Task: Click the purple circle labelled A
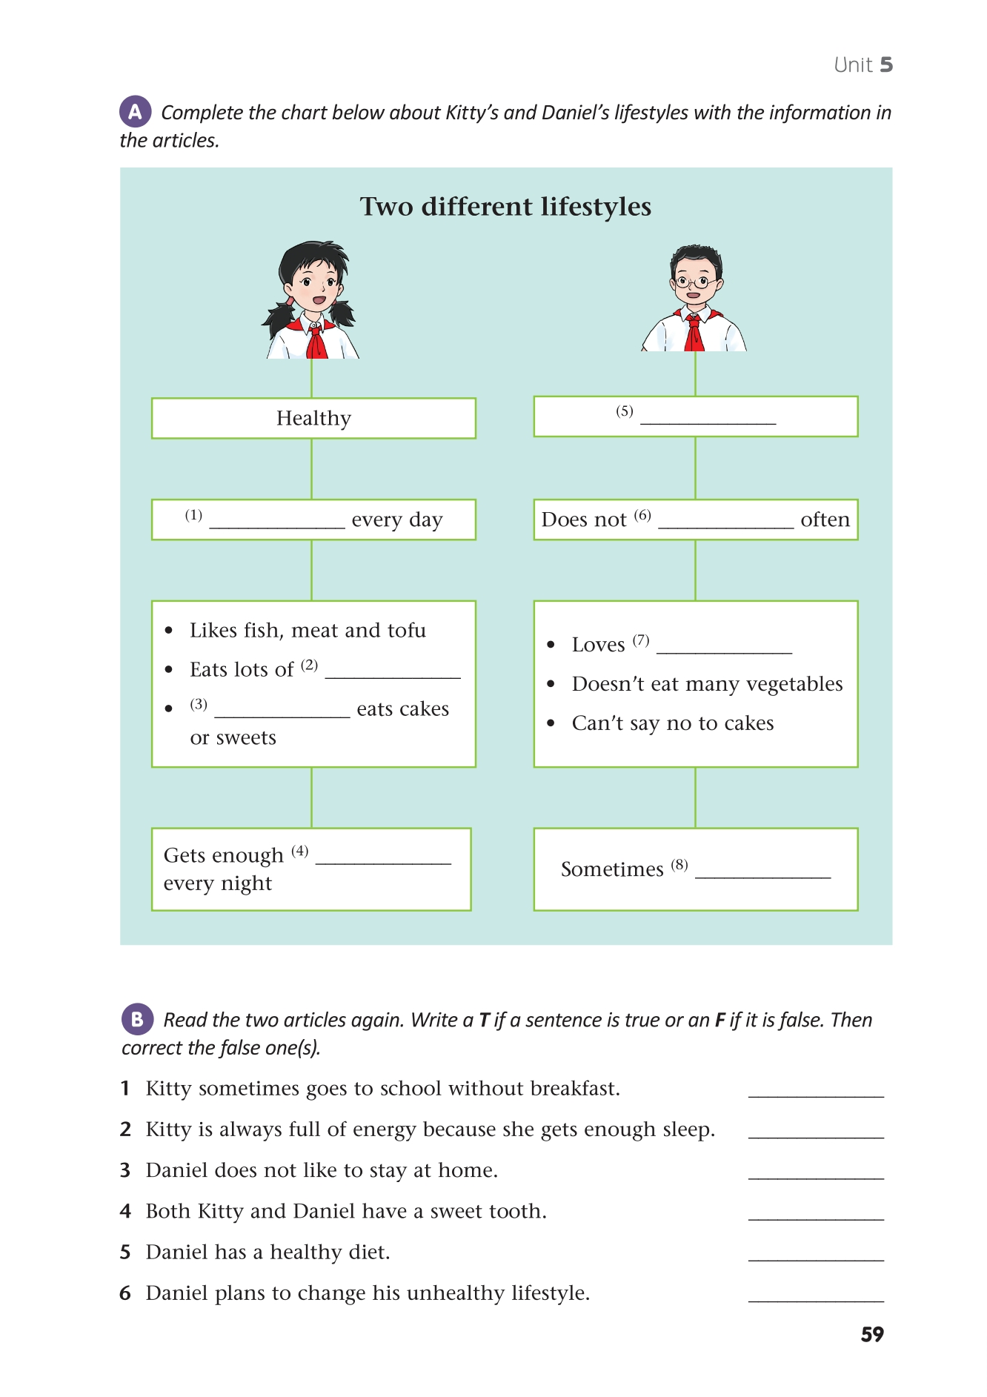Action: [x=135, y=112]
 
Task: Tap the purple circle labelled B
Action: [x=137, y=1019]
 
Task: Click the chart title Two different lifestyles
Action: [x=505, y=207]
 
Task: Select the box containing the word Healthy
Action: [x=313, y=419]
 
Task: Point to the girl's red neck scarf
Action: [x=316, y=340]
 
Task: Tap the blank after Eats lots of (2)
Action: [x=393, y=675]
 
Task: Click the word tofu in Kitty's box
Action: [x=406, y=631]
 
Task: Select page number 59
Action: [x=872, y=1335]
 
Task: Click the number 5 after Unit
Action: [x=886, y=65]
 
